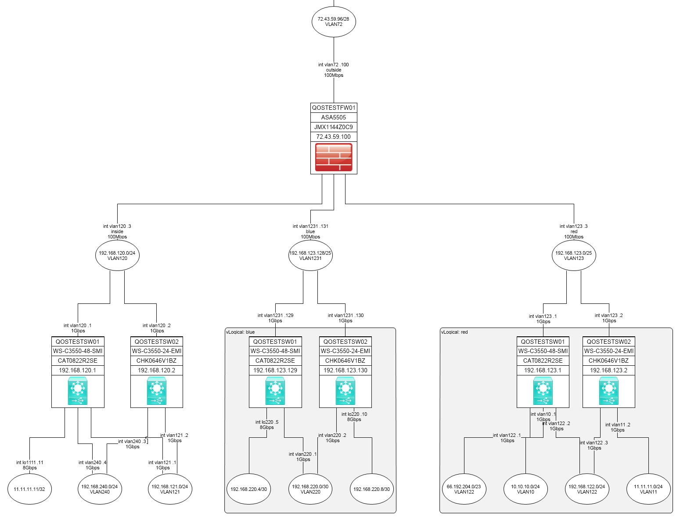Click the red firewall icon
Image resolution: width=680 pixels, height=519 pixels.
(334, 157)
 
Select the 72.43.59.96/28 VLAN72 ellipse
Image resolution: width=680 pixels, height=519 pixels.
(334, 22)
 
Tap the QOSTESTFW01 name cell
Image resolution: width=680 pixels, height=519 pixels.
(334, 108)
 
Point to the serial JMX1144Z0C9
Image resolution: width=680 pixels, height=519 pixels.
(334, 127)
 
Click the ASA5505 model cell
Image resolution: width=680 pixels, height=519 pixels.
(334, 117)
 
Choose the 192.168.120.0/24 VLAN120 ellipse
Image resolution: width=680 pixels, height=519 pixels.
(117, 256)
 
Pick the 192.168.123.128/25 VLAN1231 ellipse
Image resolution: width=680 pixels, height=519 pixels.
(310, 256)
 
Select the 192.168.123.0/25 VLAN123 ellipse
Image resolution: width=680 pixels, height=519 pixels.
(574, 256)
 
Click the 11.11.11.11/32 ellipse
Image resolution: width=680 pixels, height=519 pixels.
(29, 489)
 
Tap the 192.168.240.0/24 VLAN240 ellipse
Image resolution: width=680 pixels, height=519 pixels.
(100, 489)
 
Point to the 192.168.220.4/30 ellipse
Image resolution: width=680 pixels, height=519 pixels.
(249, 489)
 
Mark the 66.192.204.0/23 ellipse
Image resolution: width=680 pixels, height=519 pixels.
(464, 489)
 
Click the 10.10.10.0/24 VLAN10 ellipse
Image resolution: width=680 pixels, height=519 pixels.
(525, 489)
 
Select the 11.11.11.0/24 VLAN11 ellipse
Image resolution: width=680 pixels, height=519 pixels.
(648, 489)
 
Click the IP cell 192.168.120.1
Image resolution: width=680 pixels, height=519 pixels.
(78, 370)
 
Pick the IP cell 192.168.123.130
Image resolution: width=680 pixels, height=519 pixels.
(345, 370)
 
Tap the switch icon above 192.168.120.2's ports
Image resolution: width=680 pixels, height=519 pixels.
(157, 392)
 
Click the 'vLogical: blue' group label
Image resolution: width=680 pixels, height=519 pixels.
(240, 332)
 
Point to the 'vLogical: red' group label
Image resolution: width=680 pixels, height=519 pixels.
(454, 332)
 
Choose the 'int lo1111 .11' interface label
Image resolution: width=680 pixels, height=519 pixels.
(30, 462)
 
